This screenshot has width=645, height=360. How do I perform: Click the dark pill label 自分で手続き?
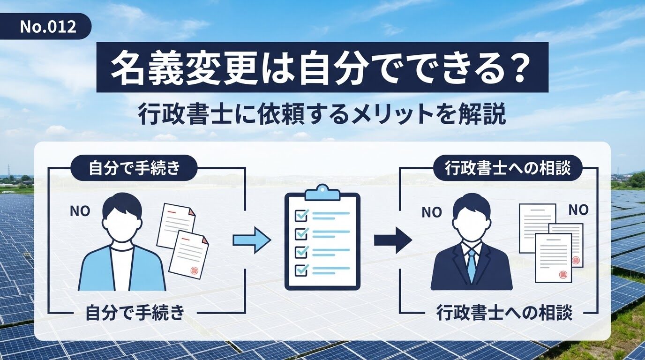[x=134, y=168]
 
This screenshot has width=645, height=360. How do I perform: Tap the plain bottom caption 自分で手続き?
[x=135, y=313]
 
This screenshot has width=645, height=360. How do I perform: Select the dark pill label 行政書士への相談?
[x=507, y=168]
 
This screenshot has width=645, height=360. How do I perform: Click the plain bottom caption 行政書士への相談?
[x=504, y=313]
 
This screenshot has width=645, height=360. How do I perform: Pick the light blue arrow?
[x=252, y=240]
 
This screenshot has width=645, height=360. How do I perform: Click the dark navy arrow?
[x=393, y=240]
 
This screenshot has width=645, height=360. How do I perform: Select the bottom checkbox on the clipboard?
[x=301, y=270]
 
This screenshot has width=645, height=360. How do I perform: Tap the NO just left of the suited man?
[x=432, y=212]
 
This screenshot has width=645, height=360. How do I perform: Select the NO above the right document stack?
[x=578, y=210]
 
